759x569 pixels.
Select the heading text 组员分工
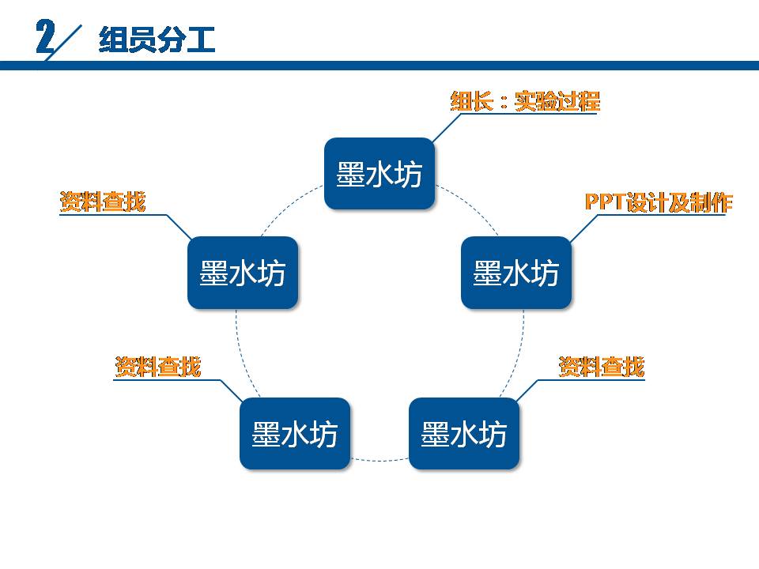point(157,40)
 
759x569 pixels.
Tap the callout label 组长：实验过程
point(525,101)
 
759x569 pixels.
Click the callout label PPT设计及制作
point(659,202)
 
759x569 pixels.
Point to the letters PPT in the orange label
point(603,202)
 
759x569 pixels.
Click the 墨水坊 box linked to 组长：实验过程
point(379,174)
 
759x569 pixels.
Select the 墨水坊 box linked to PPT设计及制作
point(515,273)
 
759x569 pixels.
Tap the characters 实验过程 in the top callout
point(557,101)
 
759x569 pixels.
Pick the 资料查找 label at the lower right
point(602,367)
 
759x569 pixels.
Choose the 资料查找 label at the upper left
point(103,202)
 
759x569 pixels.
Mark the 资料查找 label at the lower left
point(158,367)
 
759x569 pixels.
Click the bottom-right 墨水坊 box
point(463,434)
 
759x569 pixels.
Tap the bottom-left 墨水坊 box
point(294,434)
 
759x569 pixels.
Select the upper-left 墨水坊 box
point(242,273)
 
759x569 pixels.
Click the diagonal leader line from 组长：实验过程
point(447,127)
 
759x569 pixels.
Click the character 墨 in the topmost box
point(350,175)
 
